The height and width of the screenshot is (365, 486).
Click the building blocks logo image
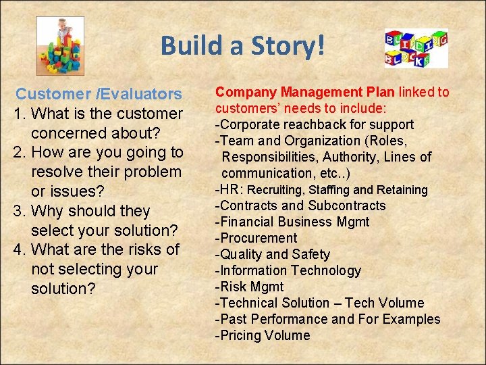[416, 48]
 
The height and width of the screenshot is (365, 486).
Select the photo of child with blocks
[60, 45]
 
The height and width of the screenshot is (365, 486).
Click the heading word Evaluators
[141, 94]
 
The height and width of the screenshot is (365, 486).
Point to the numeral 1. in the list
[20, 114]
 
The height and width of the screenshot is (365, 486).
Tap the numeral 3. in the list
[20, 211]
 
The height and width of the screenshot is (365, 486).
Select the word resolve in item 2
[63, 172]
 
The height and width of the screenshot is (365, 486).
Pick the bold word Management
[317, 92]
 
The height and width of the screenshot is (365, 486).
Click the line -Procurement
[256, 238]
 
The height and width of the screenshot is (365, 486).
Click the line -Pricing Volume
[262, 335]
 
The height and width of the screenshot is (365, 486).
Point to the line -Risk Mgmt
[249, 287]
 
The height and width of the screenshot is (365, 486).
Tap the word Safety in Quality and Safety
[310, 254]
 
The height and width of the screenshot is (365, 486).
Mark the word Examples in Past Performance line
[409, 319]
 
